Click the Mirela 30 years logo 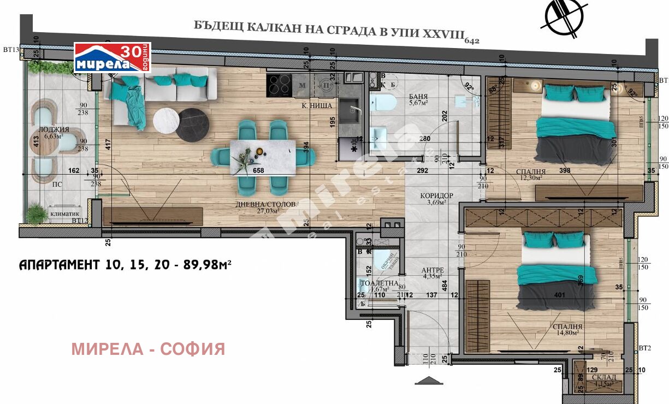[x=112, y=58]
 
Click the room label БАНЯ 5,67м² [x=418, y=98]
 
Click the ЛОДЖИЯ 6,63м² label [x=55, y=133]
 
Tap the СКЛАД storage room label [x=603, y=381]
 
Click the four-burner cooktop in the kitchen [x=279, y=85]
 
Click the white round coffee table [x=166, y=121]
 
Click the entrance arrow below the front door [x=428, y=380]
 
